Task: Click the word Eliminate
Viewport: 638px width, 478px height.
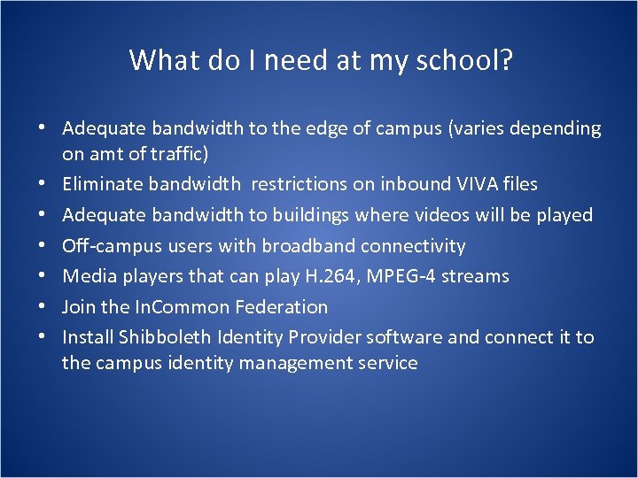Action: point(103,184)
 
